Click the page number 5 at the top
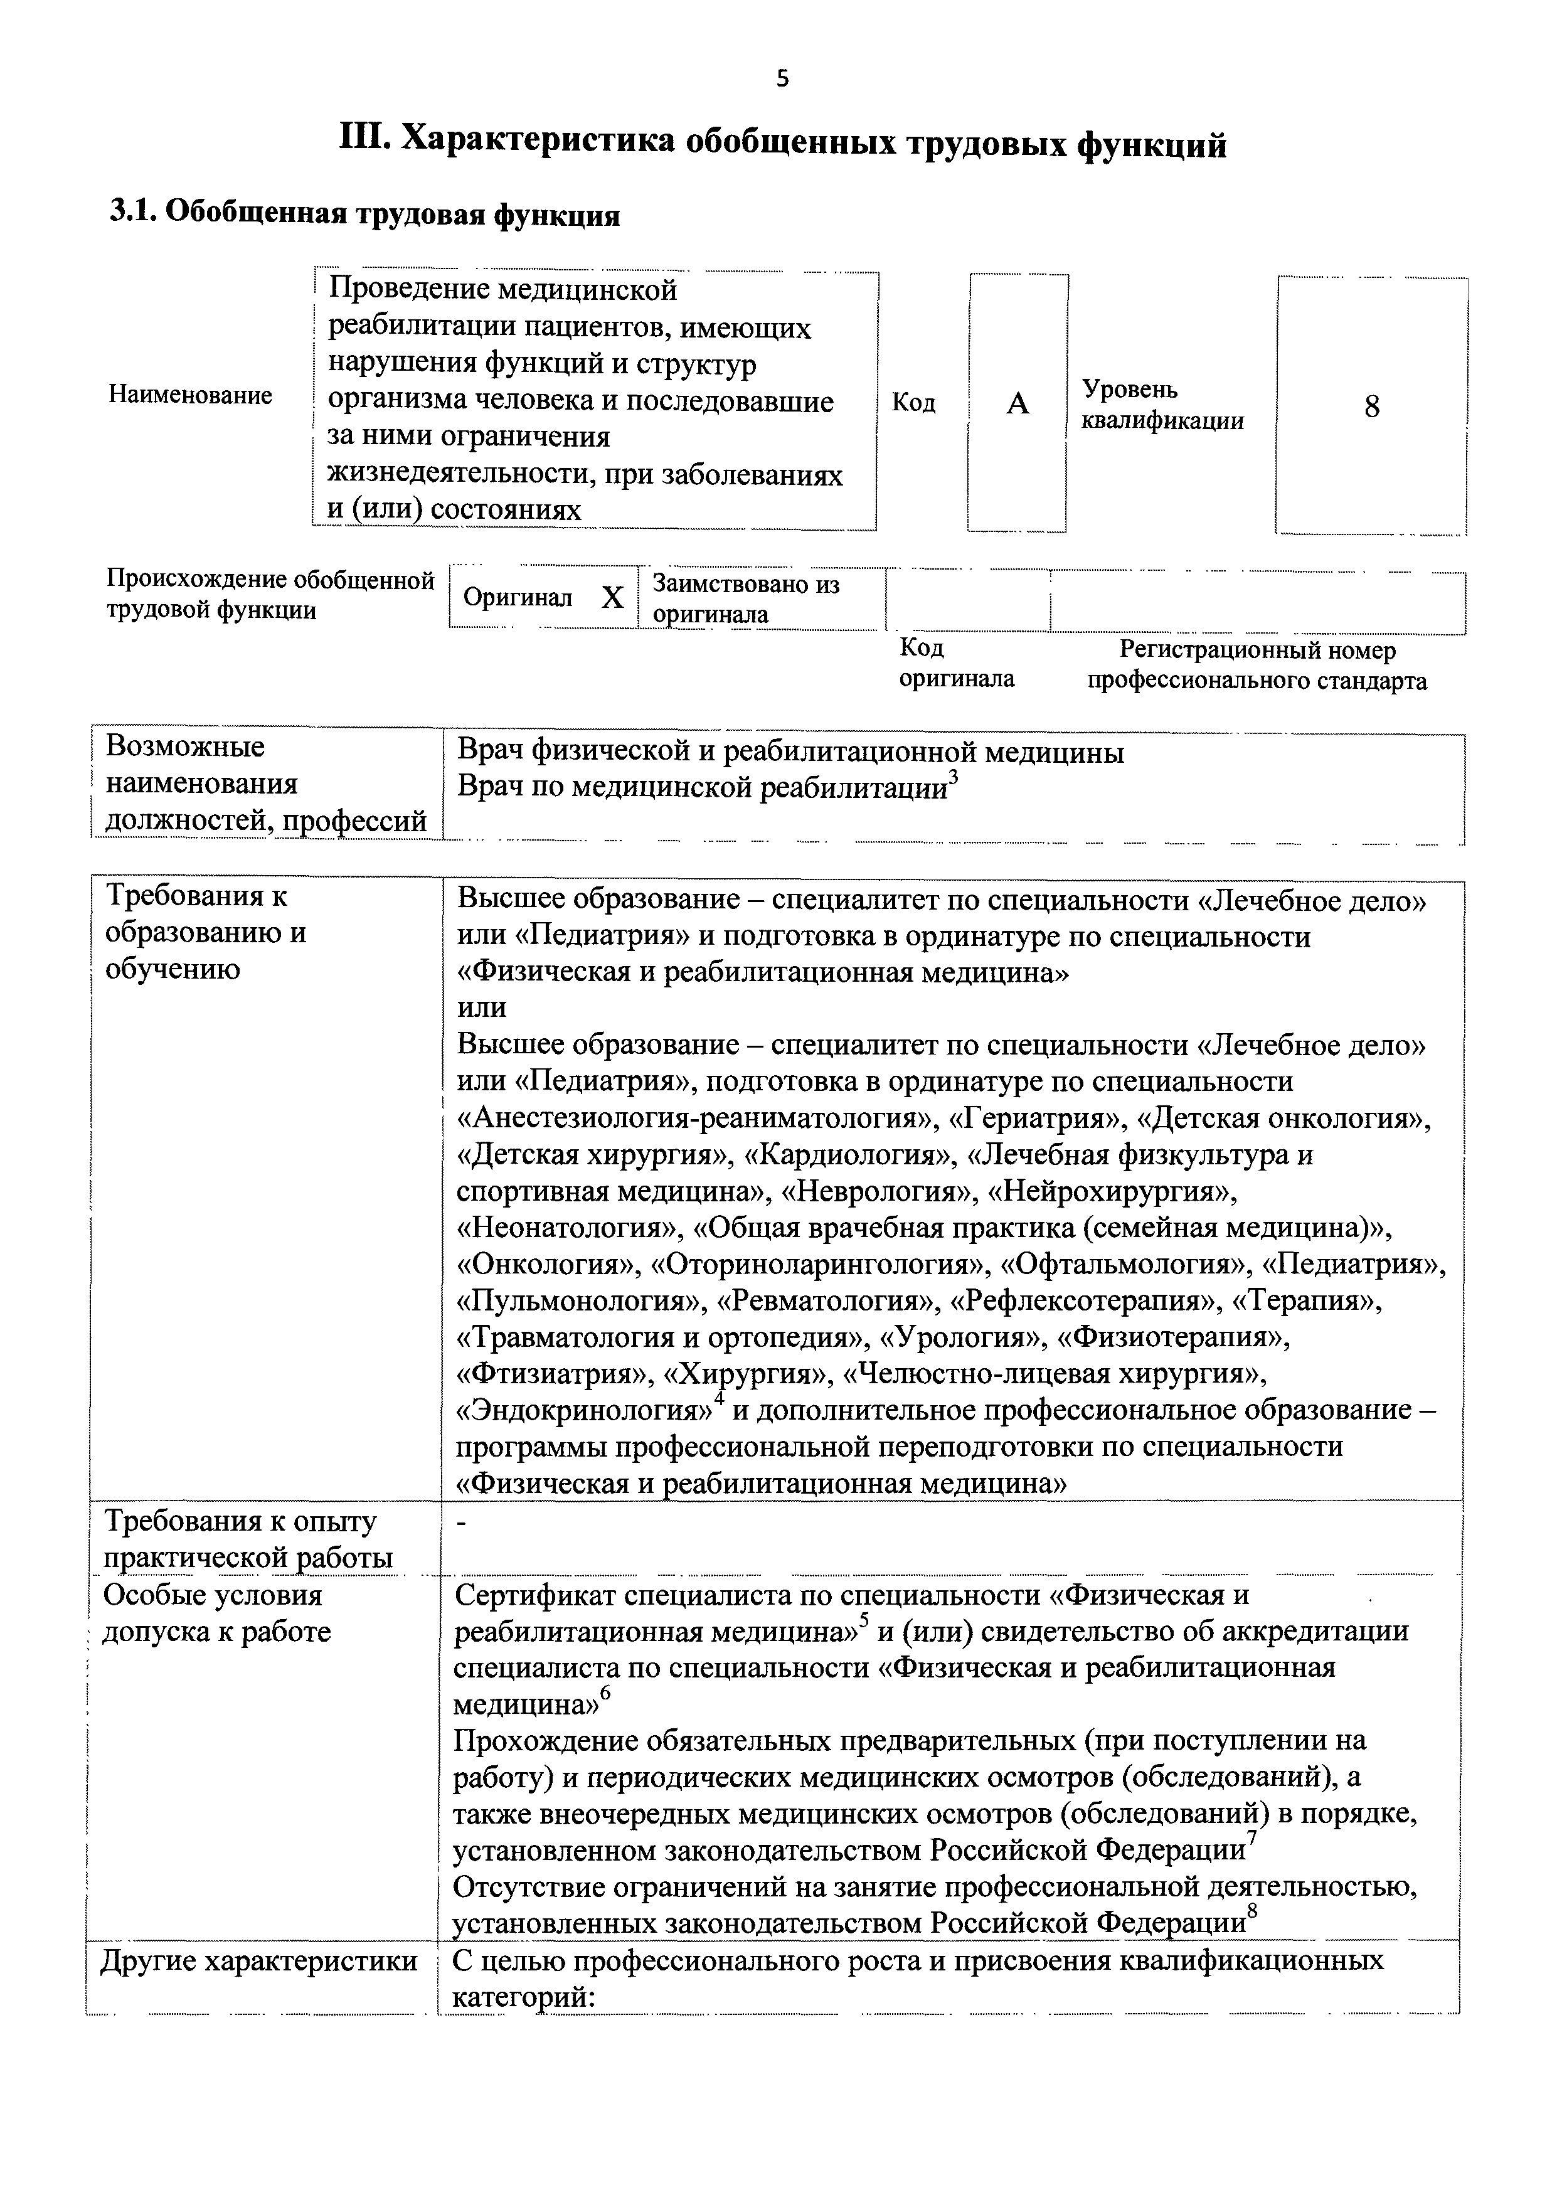coord(782,80)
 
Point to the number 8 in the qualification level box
coord(1371,407)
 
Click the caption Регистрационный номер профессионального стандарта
coord(1257,666)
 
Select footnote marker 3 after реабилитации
coord(952,777)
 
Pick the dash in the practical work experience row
coord(461,1527)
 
